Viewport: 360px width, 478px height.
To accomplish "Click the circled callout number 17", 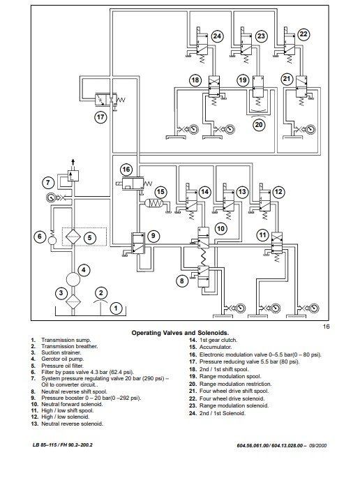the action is click(100, 117).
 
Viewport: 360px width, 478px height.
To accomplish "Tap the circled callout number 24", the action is click(217, 36).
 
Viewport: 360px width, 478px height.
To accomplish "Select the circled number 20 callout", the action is click(259, 125).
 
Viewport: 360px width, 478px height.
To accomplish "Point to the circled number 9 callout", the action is click(153, 236).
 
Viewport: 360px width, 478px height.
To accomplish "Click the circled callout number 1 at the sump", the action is click(116, 308).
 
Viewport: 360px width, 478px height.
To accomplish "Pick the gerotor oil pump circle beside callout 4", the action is click(73, 279).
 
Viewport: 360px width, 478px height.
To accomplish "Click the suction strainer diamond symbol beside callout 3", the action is click(73, 301).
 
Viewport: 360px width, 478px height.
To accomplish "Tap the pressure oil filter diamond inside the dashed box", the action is click(73, 237).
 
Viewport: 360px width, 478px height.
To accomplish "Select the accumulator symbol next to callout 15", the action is click(154, 203).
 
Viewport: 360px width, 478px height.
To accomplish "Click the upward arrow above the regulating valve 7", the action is click(73, 162).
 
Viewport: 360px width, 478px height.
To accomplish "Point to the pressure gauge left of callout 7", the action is click(50, 198).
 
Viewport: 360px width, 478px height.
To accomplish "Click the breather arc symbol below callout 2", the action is click(101, 301).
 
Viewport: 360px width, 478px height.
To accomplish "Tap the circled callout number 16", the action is click(126, 170).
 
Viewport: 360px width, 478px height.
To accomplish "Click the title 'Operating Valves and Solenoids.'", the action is click(180, 333).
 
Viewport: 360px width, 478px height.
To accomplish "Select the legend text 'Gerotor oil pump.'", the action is click(63, 359).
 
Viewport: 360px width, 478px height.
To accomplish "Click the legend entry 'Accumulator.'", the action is click(216, 348).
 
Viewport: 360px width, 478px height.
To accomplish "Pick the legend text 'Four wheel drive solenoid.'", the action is click(232, 398).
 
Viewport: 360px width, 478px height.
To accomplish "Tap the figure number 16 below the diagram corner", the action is click(326, 327).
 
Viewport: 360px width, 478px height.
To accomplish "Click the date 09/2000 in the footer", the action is click(318, 445).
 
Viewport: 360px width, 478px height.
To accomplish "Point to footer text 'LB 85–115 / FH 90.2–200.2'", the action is click(63, 445).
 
